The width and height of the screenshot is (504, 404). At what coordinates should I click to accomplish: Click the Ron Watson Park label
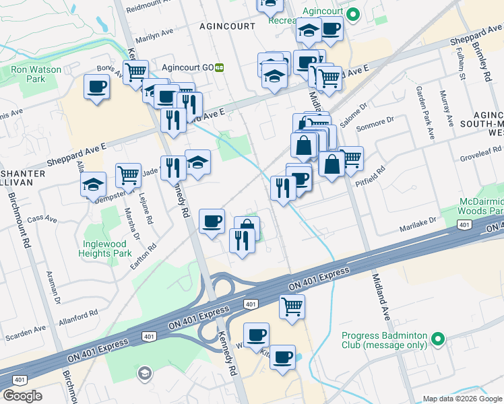point(36,74)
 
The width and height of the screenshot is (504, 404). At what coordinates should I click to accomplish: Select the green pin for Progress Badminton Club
point(439,337)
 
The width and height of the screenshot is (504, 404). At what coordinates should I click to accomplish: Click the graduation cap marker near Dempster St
point(93,184)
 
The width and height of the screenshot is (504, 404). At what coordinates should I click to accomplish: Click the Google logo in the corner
point(23,396)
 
